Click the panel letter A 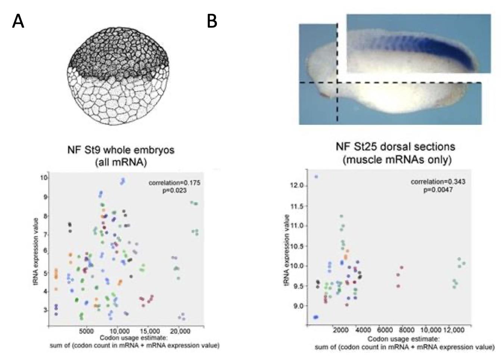(x=18, y=21)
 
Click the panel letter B (x=212, y=21)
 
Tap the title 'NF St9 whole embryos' (x=121, y=150)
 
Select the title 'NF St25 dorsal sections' (x=395, y=146)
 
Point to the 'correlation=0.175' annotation (x=174, y=183)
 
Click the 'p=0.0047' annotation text (x=438, y=190)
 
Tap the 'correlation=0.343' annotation (x=438, y=182)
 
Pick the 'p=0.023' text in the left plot (x=174, y=190)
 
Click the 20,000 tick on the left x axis (x=179, y=331)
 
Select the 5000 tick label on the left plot (x=86, y=331)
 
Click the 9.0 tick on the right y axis (x=299, y=306)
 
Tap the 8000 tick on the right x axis (x=407, y=330)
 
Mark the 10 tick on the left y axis (x=44, y=178)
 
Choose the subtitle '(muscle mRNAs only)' (x=397, y=160)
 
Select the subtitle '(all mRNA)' (x=121, y=163)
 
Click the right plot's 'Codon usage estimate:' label (x=404, y=339)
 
